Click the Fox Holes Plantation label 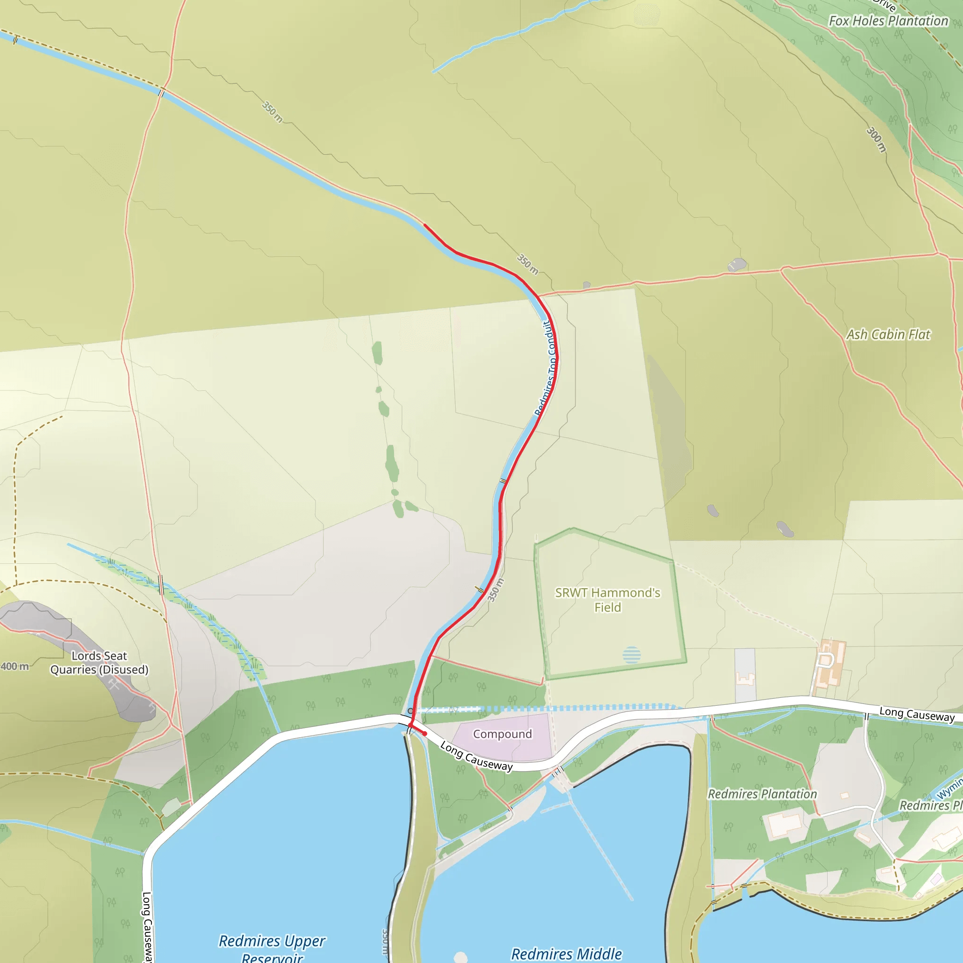tap(888, 21)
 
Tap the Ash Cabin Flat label tap(888, 334)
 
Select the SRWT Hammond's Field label tap(608, 600)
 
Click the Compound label tap(503, 734)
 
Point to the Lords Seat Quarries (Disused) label tap(99, 663)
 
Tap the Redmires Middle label tap(566, 954)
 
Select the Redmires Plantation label tap(762, 794)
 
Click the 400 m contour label tap(15, 666)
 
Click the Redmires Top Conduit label tap(546, 368)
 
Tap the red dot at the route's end tap(425, 734)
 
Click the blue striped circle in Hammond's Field tap(631, 655)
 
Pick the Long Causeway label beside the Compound tap(476, 756)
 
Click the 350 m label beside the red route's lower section tap(496, 590)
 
